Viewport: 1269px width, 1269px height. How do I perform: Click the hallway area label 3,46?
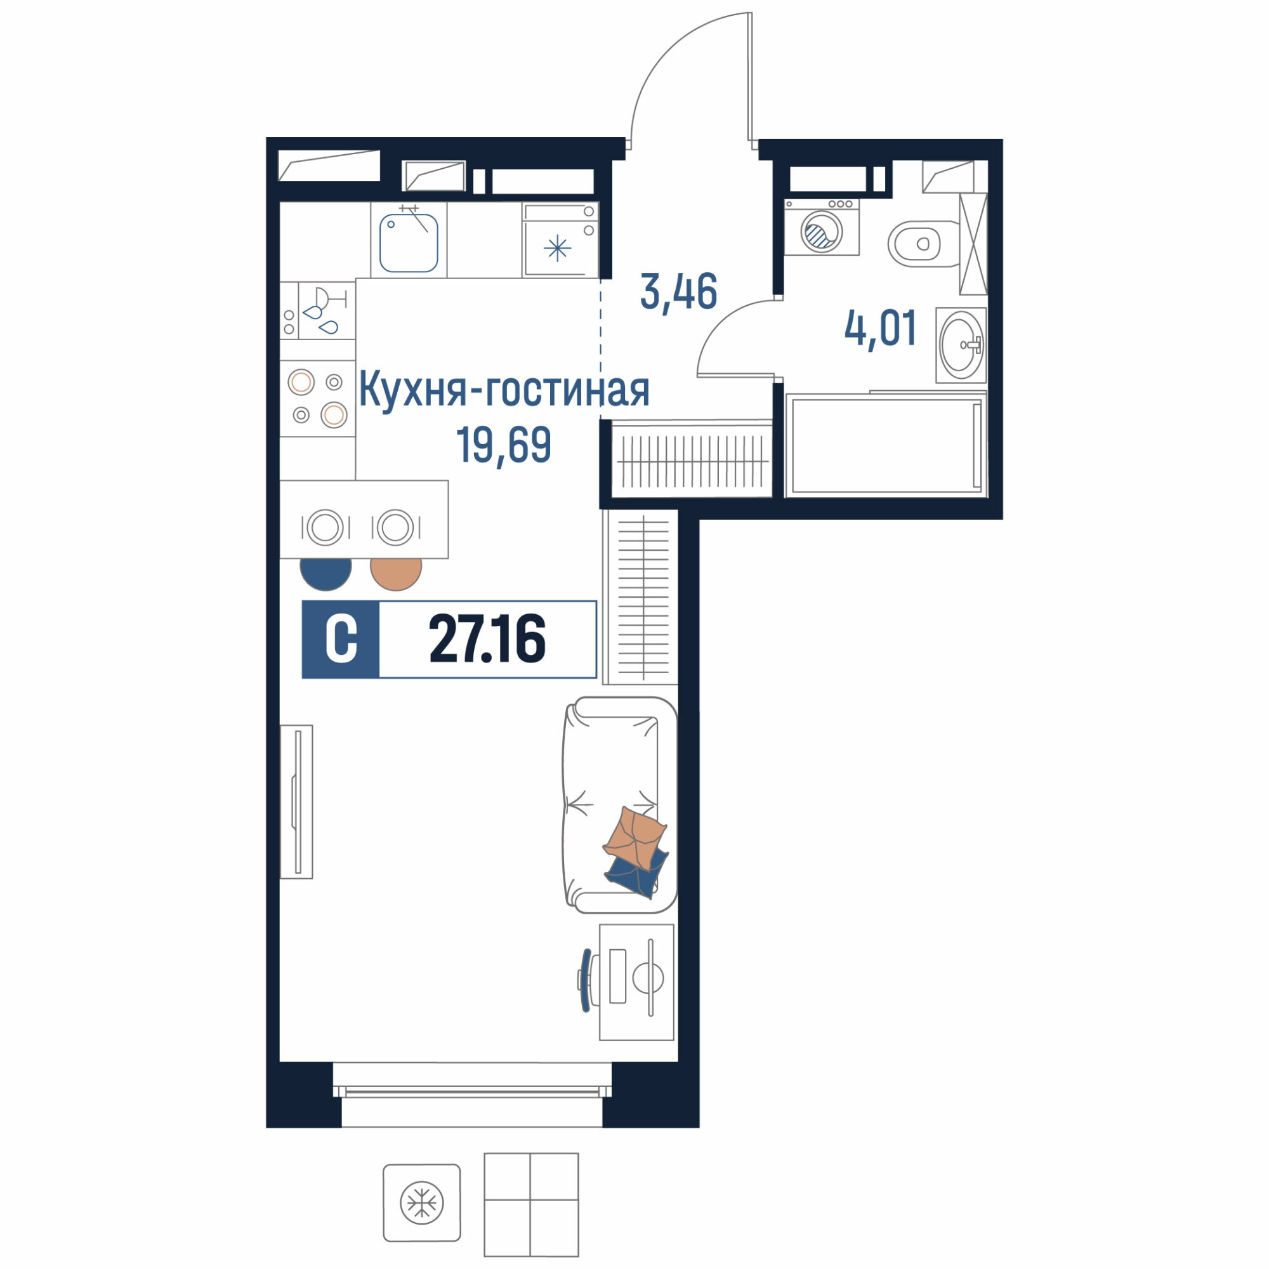tap(678, 293)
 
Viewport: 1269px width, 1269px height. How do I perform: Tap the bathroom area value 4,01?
tap(880, 329)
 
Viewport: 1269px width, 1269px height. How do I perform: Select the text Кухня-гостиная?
tap(504, 390)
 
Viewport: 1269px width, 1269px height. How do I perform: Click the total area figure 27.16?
tap(487, 639)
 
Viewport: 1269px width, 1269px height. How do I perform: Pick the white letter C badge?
tap(341, 639)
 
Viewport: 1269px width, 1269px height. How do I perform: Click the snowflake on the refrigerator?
tap(558, 248)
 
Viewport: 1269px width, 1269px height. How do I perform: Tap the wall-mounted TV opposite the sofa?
tap(297, 802)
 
